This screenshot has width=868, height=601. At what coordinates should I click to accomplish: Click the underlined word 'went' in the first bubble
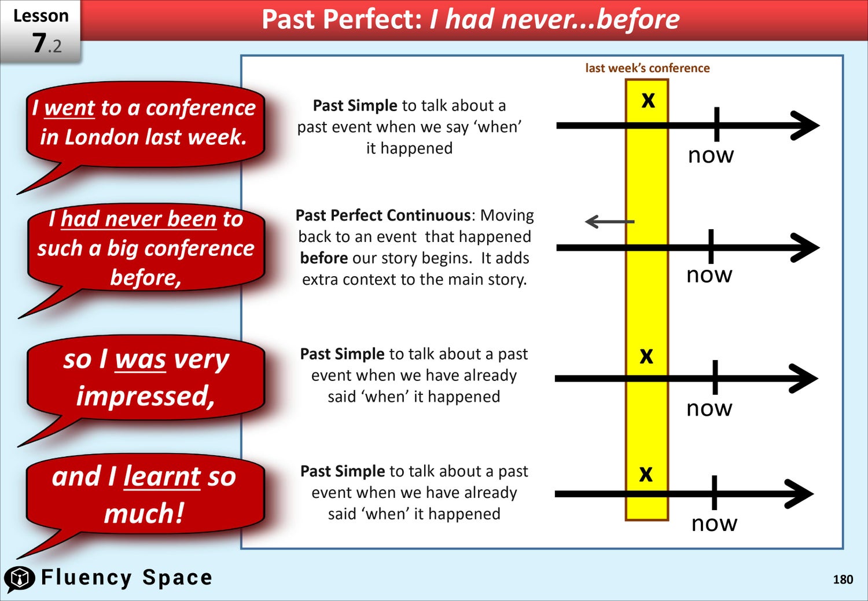[69, 108]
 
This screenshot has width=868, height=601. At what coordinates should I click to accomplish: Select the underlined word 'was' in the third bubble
[140, 360]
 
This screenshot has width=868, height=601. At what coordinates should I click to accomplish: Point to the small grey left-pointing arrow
[609, 222]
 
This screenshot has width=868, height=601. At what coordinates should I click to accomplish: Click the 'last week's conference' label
[648, 68]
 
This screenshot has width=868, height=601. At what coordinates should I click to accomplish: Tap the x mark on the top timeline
[648, 100]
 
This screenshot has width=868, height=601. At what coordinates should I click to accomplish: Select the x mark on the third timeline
[646, 356]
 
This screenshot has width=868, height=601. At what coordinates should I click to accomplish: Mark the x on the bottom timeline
[646, 474]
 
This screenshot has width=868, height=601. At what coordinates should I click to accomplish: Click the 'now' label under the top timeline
[711, 156]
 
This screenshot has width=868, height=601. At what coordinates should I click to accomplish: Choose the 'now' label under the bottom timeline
[714, 524]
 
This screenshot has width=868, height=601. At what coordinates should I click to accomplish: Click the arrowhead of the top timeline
[806, 126]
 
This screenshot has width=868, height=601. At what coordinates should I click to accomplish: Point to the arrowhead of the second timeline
[806, 248]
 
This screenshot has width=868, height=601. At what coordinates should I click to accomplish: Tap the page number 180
[843, 579]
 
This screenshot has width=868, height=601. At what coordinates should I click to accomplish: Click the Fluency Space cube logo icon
[19, 578]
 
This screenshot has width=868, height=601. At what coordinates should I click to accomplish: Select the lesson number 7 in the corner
[39, 43]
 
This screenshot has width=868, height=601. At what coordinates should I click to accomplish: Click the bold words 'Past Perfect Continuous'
[383, 215]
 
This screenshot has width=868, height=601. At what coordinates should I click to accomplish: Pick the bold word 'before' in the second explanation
[323, 258]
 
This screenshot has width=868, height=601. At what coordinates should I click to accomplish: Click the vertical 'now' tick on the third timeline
[715, 378]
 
